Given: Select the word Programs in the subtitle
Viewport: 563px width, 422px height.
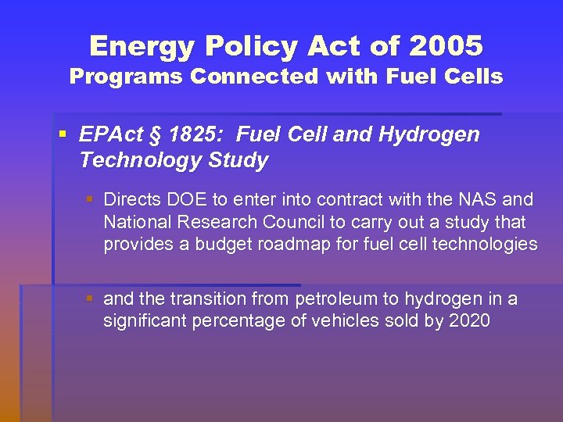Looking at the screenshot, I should coord(125,77).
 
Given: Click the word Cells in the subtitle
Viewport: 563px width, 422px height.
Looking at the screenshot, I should coord(474,77).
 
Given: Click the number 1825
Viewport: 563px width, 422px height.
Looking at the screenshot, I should coord(181,134).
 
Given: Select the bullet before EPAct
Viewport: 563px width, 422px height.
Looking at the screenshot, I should coord(62,134).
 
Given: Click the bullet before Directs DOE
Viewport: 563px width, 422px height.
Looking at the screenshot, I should coord(91,200).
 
